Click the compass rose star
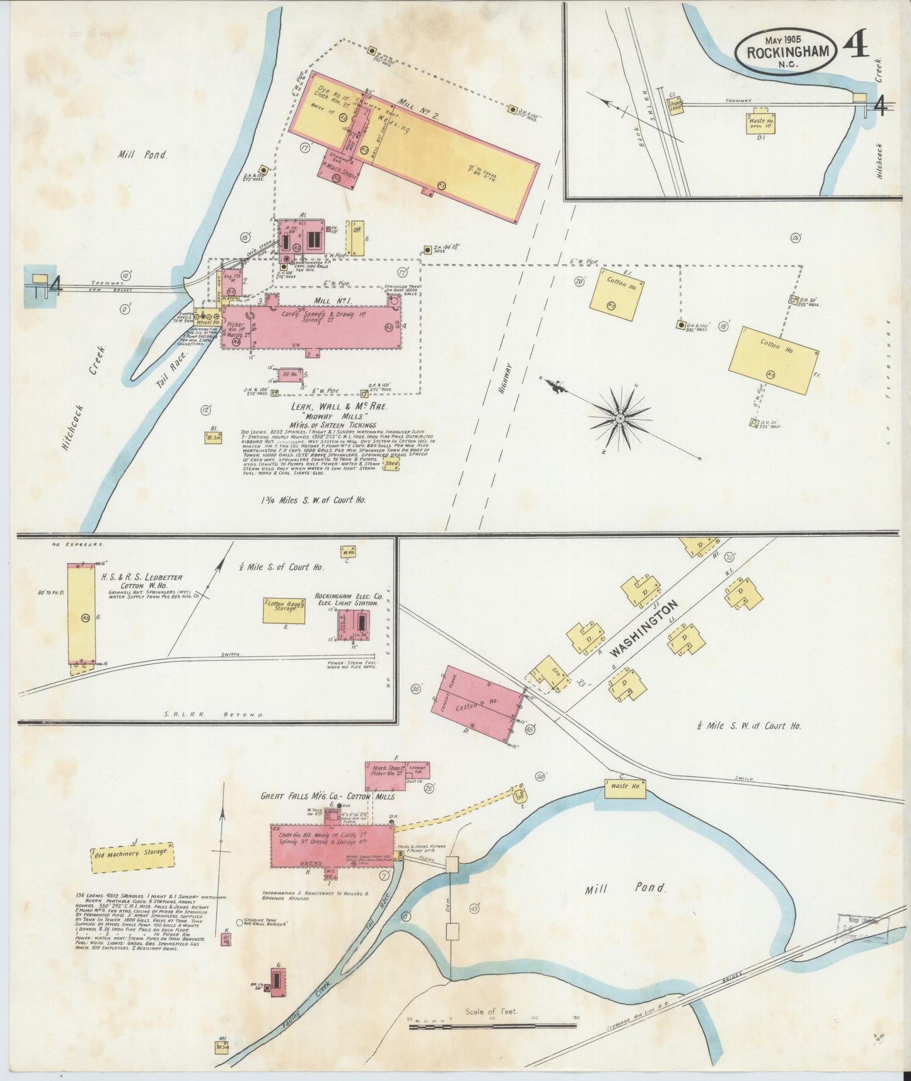[621, 417]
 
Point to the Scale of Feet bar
[492, 1026]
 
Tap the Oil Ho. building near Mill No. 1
[291, 375]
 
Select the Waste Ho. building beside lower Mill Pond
[625, 786]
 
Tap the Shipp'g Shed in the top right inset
[675, 106]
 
